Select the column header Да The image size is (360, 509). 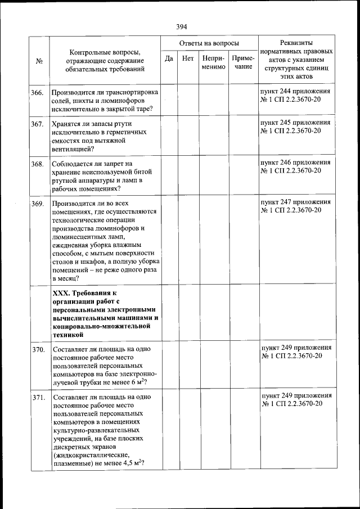(169, 58)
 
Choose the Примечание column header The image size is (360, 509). (243, 62)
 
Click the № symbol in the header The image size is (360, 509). (39, 61)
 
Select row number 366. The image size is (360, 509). (38, 92)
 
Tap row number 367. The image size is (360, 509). (38, 124)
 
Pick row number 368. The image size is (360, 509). (38, 164)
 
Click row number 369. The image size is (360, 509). (38, 204)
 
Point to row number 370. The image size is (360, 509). (38, 350)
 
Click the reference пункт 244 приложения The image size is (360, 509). (295, 91)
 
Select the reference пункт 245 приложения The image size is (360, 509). (295, 123)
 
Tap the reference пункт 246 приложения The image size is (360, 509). (295, 163)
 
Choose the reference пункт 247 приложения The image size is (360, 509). (295, 203)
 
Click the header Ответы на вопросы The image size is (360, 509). (209, 43)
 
